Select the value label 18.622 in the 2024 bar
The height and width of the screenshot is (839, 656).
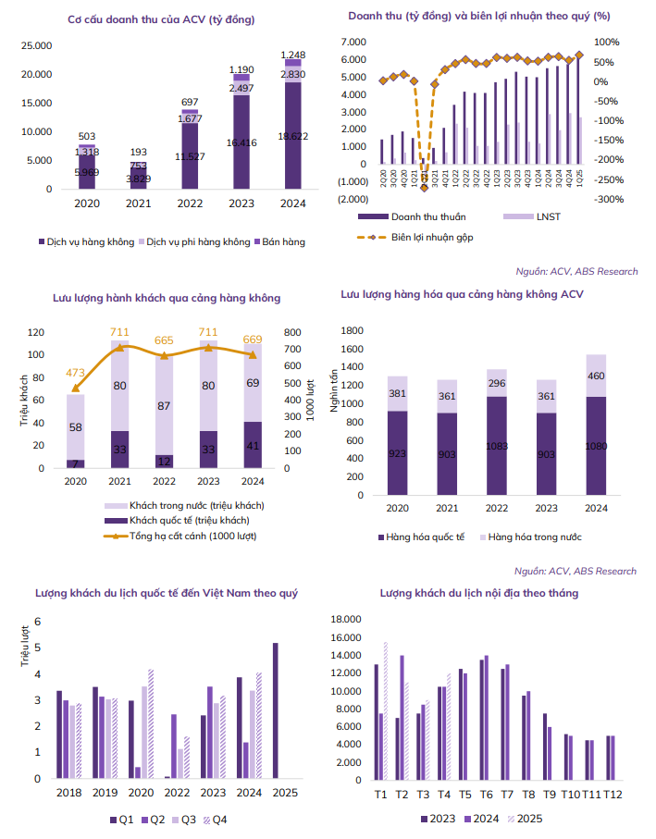pos(292,135)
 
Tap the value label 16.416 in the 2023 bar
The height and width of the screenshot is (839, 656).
pos(241,142)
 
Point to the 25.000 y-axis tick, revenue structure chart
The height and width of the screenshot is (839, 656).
pos(36,45)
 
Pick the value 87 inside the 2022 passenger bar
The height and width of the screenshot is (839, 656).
pos(166,406)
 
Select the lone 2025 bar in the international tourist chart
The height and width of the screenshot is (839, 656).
pos(275,710)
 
